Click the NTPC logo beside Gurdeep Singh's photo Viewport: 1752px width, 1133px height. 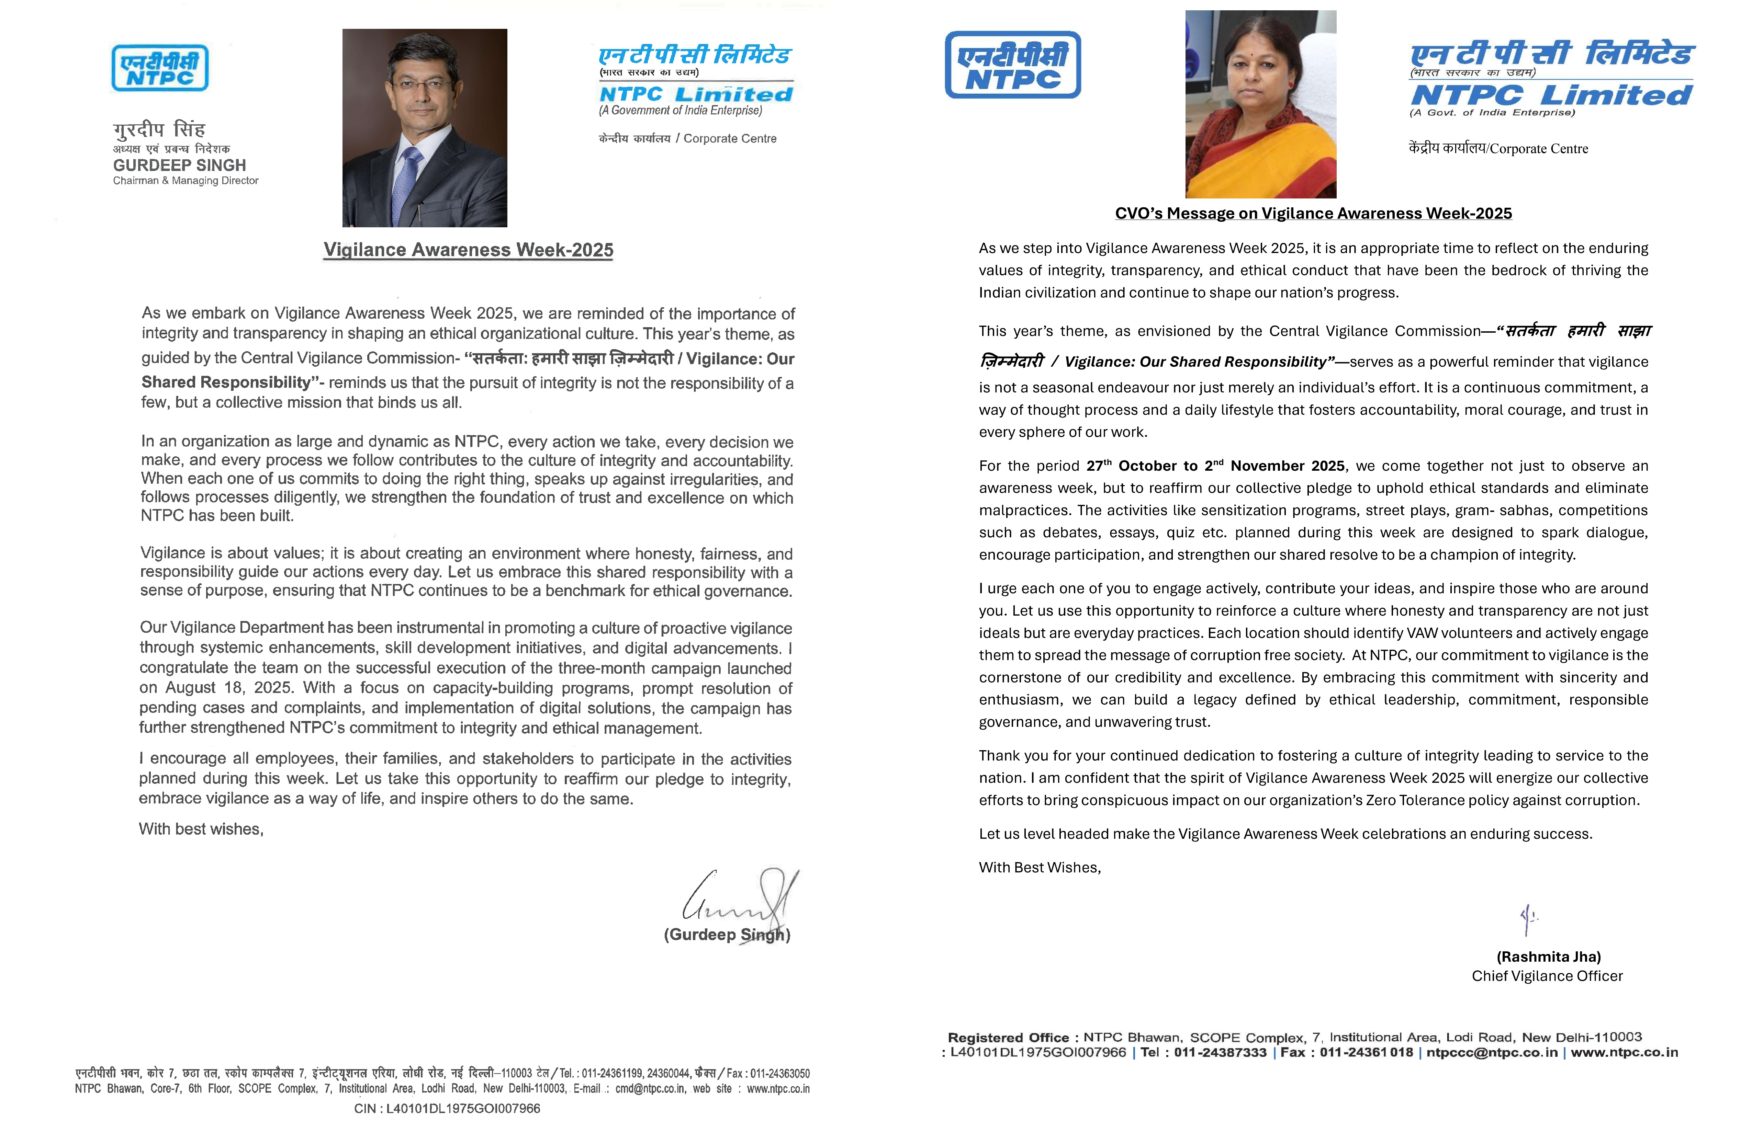160,68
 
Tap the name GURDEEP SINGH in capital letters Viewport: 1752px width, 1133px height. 179,165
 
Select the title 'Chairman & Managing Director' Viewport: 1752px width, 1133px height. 186,181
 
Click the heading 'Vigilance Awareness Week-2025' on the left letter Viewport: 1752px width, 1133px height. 468,250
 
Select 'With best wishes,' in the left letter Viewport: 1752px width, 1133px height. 201,829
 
